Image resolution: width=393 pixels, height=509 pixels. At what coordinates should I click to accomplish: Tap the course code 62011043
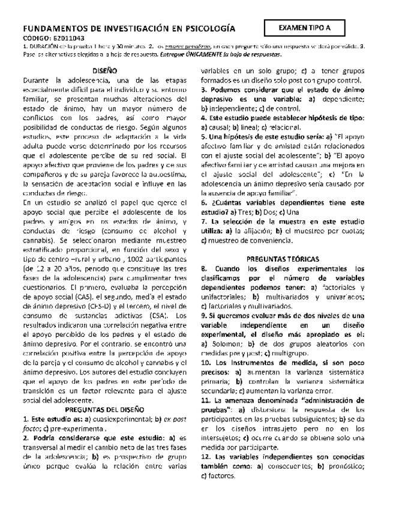click(55, 38)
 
